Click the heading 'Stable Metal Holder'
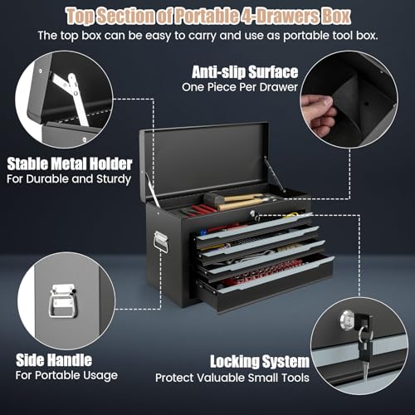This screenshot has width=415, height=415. pos(70,164)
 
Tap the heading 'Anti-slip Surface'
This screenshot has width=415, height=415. pos(245,72)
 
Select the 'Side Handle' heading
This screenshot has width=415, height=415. pos(54,360)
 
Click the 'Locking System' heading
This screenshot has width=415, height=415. pos(260,361)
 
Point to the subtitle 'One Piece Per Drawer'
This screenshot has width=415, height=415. pos(240,87)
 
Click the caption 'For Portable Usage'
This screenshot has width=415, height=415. pos(66,375)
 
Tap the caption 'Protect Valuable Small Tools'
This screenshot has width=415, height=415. pos(232,378)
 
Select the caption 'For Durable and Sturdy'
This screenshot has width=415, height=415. pos(69,179)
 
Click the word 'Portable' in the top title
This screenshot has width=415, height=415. pos(207,16)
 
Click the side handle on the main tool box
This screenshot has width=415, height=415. pos(161,242)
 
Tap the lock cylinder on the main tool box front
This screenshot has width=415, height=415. pos(252,213)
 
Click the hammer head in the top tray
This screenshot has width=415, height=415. pos(212,199)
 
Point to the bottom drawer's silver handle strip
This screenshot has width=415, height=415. pos(276,274)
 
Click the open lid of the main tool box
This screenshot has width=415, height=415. pos(204,160)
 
